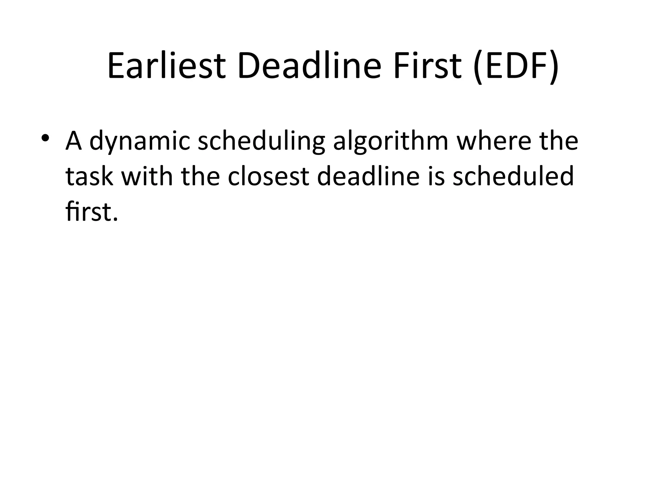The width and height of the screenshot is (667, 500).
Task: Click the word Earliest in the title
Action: coord(166,66)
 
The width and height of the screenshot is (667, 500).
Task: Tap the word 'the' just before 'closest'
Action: coord(201,176)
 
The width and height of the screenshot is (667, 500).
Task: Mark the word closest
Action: coord(268,176)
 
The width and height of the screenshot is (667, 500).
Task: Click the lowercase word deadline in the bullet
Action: coord(368,176)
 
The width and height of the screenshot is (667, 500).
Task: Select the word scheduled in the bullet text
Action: coord(513,176)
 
